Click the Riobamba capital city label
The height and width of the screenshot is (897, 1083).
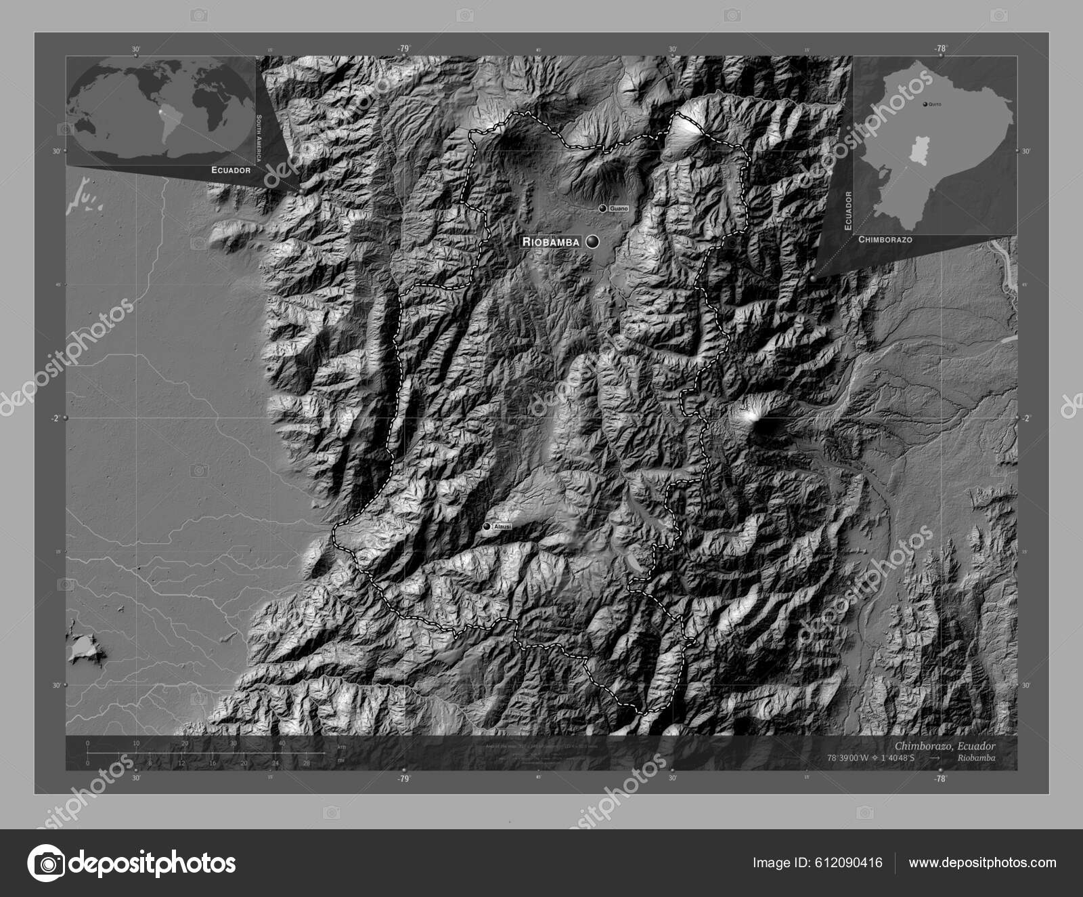point(550,241)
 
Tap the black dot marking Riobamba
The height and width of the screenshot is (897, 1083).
point(594,241)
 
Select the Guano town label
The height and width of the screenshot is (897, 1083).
point(619,209)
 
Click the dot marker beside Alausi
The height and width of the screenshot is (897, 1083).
point(487,526)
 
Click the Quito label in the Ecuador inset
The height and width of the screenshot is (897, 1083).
point(935,104)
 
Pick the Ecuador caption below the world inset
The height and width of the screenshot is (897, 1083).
point(231,170)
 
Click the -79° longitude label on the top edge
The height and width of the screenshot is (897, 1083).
point(404,48)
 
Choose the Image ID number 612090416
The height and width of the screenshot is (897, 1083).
point(851,862)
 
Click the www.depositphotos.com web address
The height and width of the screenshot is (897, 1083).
point(982,862)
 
